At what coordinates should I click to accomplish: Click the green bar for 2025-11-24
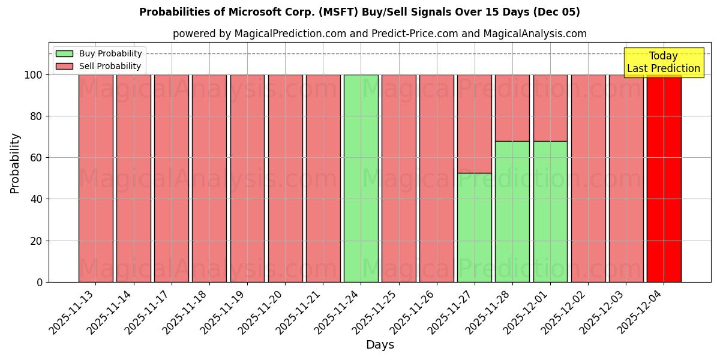[361, 178]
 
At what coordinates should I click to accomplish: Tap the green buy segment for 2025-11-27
[474, 227]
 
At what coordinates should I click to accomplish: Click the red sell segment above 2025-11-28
[512, 108]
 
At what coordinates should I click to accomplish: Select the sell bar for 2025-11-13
[95, 178]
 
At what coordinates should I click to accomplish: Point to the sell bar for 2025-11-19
[247, 178]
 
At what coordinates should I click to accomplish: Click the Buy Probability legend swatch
[64, 54]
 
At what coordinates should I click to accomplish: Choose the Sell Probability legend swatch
[64, 67]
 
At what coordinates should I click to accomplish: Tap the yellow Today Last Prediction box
[663, 62]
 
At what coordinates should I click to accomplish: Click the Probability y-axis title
[15, 163]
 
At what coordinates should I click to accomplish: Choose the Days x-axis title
[380, 345]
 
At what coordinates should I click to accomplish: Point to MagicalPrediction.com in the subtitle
[290, 34]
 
